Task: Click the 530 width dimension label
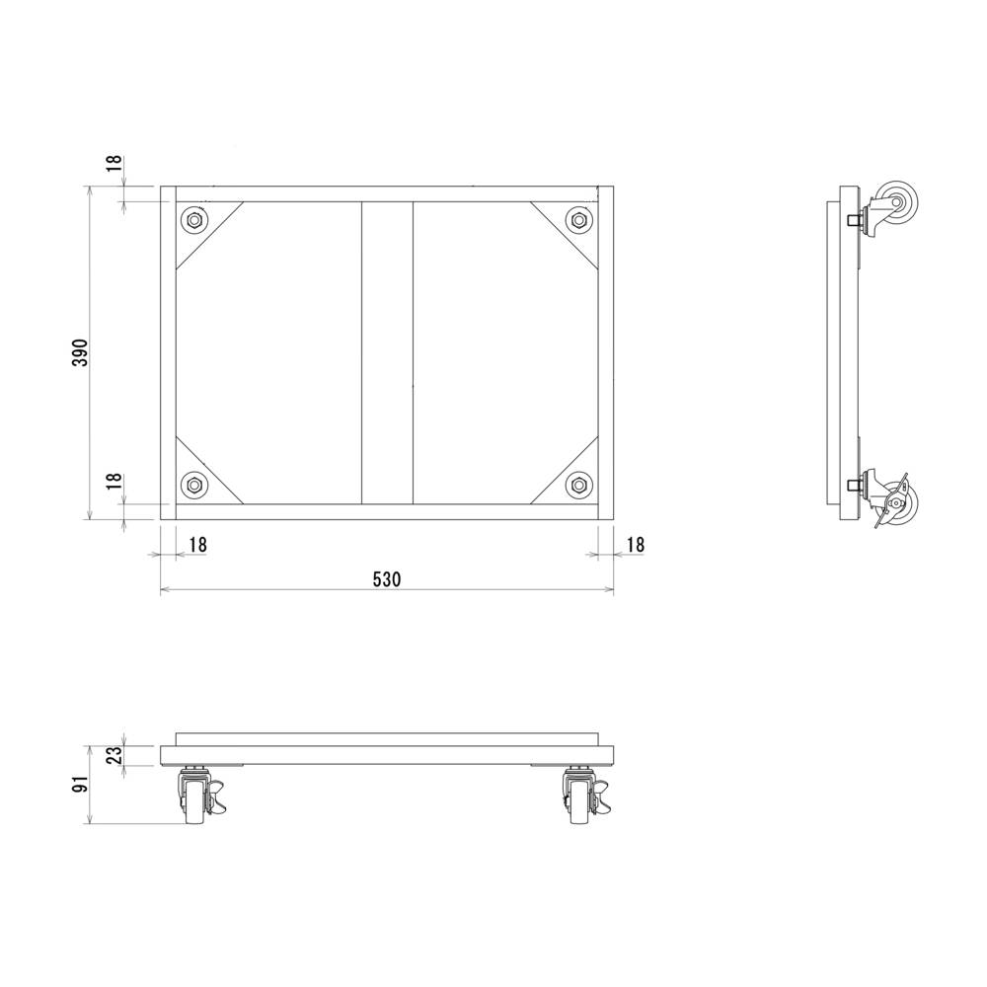pos(387,579)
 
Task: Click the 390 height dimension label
pos(82,352)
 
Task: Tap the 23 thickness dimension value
pos(114,755)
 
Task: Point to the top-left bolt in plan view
pos(193,219)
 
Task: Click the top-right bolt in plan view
pos(578,219)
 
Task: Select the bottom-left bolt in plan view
pos(193,485)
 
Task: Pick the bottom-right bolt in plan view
pos(578,485)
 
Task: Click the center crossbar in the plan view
pos(387,352)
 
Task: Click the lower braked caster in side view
pos(894,501)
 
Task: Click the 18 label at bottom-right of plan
pos(635,544)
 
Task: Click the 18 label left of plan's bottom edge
pos(114,481)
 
